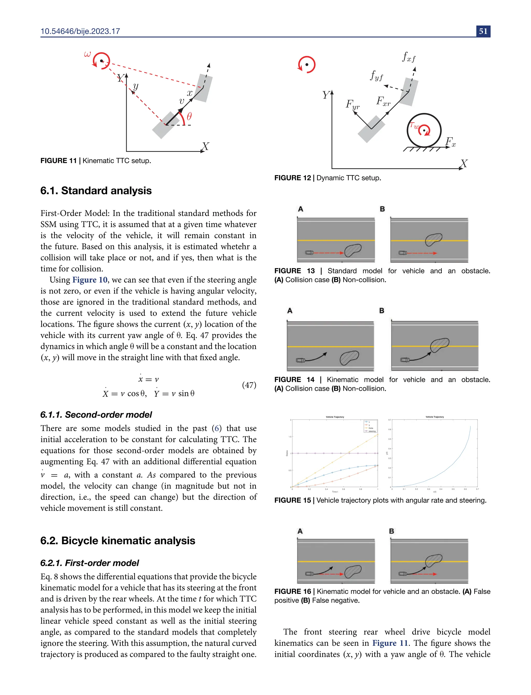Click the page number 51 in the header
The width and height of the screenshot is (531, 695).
point(483,31)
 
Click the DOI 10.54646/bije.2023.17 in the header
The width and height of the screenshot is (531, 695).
point(80,31)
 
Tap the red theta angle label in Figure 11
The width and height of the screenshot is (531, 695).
point(189,116)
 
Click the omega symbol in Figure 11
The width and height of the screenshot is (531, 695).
point(87,54)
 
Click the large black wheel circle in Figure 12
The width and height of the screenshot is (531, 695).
point(424,130)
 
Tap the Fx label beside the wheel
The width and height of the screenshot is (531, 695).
point(450,142)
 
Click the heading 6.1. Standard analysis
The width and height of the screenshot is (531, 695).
point(96,191)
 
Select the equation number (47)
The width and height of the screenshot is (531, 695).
point(249,385)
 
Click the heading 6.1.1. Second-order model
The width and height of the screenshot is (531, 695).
point(96,414)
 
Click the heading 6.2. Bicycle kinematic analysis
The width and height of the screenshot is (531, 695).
point(117,541)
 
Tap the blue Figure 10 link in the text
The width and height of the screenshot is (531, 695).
point(90,280)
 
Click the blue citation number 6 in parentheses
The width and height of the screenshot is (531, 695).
point(216,428)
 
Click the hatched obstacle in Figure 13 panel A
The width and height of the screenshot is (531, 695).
point(352,251)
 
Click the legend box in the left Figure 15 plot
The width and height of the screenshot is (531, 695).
point(370,426)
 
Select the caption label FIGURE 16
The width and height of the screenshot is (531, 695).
point(293,591)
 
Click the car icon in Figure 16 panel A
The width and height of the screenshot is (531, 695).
point(309,574)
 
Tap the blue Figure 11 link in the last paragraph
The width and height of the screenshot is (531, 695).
point(390,643)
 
